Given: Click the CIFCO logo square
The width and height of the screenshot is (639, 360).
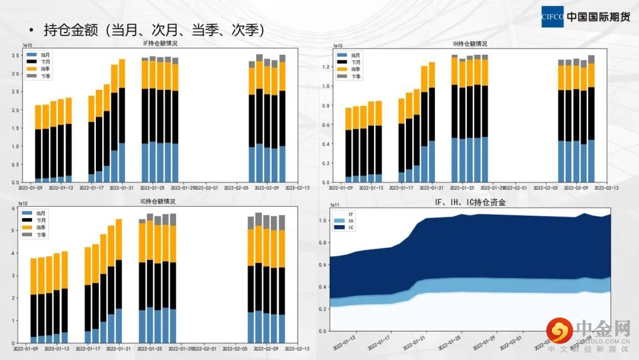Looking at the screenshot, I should point(553,17).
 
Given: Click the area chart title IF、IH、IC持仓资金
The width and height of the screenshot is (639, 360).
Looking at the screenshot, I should point(471,202).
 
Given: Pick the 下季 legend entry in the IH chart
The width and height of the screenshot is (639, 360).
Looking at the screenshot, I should point(356,76).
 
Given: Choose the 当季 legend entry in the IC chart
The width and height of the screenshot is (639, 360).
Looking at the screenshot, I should point(41,227).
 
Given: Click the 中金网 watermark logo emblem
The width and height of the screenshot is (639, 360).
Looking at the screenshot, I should point(559,331).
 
